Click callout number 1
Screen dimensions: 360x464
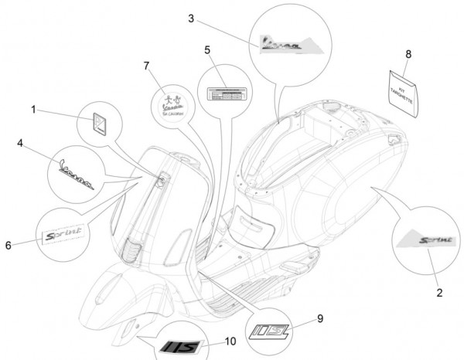pyautogui.click(x=32, y=110)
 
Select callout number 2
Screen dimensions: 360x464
pyautogui.click(x=438, y=292)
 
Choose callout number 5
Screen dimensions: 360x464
pyautogui.click(x=207, y=50)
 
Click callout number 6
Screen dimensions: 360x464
pyautogui.click(x=9, y=245)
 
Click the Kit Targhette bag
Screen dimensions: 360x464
pyautogui.click(x=408, y=92)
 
